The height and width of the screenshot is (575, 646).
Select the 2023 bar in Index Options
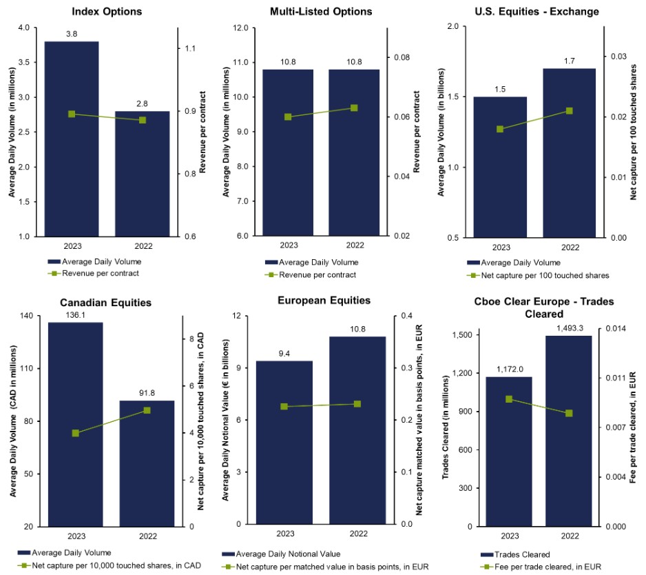[72, 138]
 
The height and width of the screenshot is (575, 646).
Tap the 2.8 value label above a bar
[142, 103]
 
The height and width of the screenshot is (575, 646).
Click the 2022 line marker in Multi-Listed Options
[354, 108]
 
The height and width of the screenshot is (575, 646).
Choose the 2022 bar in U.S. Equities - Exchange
[569, 152]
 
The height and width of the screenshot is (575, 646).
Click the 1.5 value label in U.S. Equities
[501, 89]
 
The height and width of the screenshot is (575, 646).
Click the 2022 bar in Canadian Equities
[146, 463]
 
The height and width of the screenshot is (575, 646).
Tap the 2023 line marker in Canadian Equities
[75, 433]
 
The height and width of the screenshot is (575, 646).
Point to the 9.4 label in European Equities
[285, 353]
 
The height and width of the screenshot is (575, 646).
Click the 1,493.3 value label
[569, 327]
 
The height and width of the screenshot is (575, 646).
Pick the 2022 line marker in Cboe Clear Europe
[569, 413]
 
